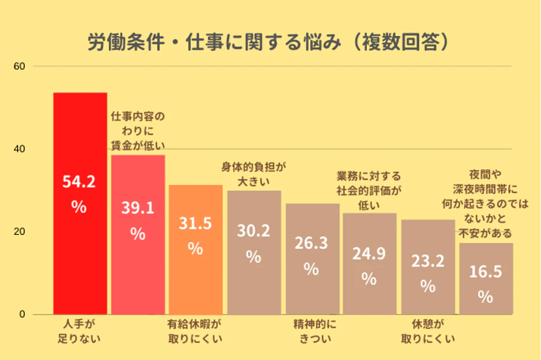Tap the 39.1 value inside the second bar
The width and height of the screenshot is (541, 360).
point(138,208)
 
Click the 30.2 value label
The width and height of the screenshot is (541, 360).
point(253,231)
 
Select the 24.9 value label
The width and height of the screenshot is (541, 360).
point(369,254)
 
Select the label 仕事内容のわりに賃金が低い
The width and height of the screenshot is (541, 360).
point(138,130)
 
